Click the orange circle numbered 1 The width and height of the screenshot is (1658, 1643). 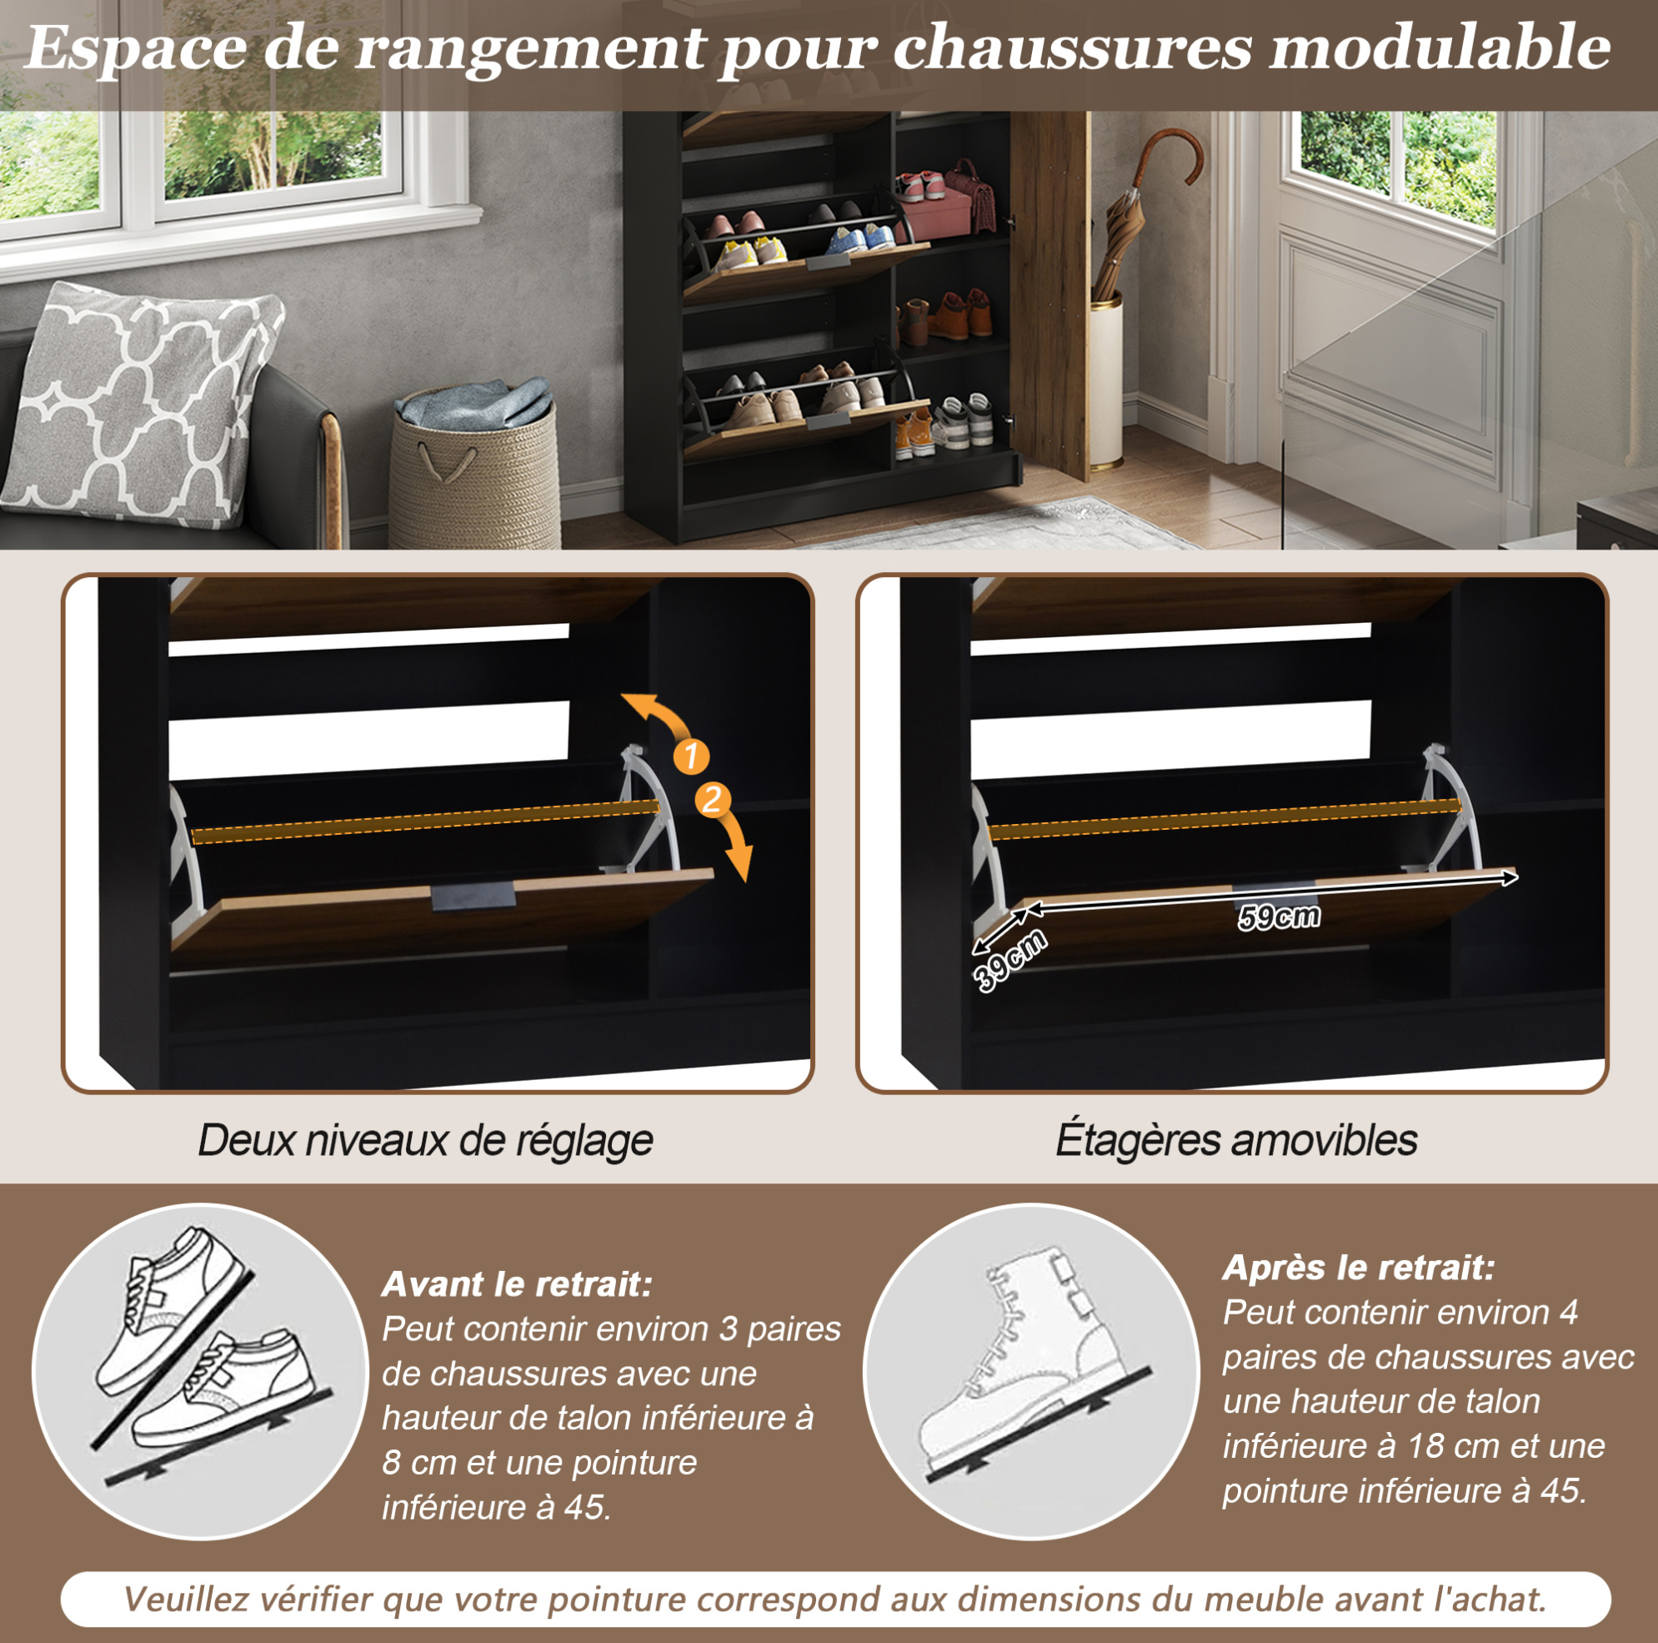[x=691, y=756]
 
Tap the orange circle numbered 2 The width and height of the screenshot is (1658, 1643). [x=712, y=800]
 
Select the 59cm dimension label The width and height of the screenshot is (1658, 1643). [x=1279, y=917]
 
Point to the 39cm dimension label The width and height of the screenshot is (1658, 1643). [x=1011, y=959]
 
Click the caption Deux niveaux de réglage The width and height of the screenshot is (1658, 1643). [x=426, y=1141]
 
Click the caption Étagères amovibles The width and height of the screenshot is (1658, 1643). [x=1235, y=1140]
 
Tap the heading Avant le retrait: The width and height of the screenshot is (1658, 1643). [x=517, y=1284]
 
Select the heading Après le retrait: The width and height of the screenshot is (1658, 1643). [x=1359, y=1267]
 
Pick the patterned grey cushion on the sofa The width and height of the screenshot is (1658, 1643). [x=142, y=404]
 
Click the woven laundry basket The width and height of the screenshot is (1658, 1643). [x=473, y=468]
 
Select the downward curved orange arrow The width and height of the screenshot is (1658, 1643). [x=734, y=846]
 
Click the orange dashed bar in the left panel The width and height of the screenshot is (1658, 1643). [x=426, y=822]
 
